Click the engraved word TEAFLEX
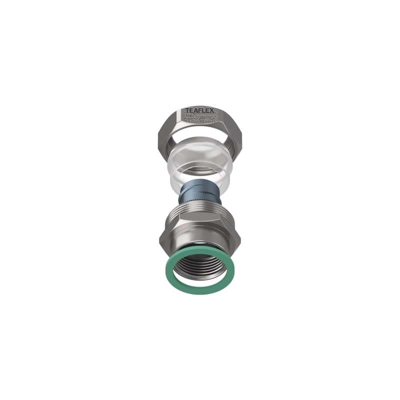tap(200, 110)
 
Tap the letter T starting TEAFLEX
tap(188, 110)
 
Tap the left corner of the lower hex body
tap(160, 239)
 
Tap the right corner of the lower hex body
tap(240, 239)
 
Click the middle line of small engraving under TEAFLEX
tap(200, 118)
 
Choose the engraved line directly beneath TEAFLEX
tap(201, 115)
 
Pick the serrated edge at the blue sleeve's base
tap(200, 200)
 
